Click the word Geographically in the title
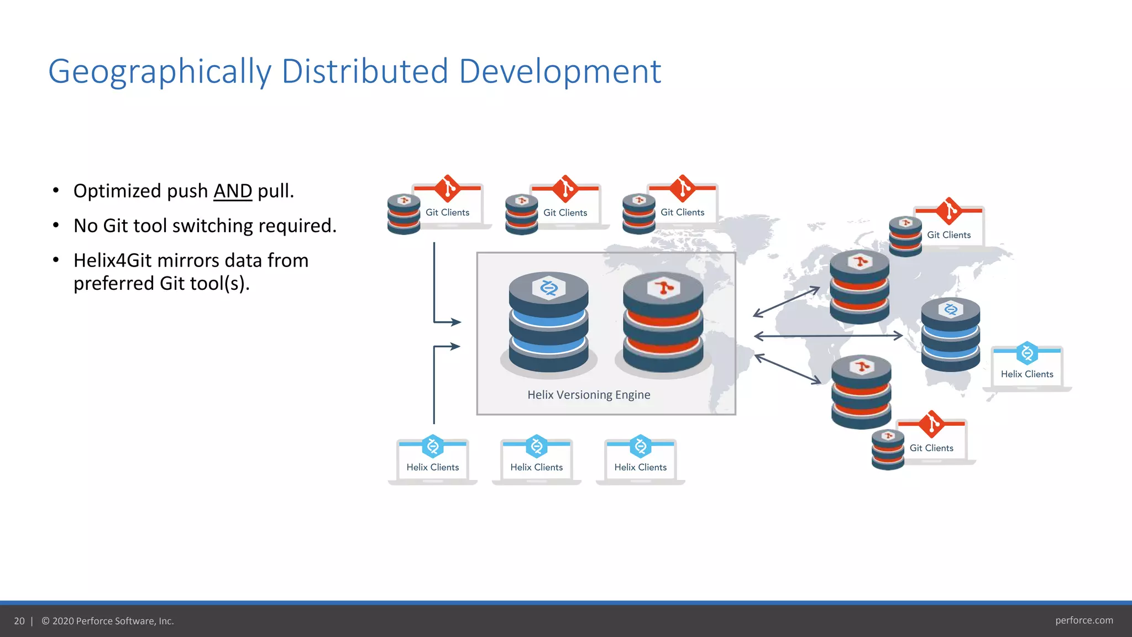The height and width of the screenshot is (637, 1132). [x=160, y=72]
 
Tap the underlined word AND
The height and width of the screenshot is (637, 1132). [x=233, y=191]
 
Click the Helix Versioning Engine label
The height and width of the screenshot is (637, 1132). [x=589, y=395]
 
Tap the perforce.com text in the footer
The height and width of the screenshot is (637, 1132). [x=1084, y=620]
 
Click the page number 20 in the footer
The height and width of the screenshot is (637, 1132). [x=19, y=621]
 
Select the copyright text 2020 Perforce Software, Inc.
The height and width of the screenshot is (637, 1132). [x=113, y=621]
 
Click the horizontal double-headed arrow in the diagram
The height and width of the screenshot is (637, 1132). [x=827, y=336]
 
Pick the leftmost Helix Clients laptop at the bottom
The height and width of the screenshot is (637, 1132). [x=433, y=461]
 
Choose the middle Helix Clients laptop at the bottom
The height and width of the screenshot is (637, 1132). [x=537, y=461]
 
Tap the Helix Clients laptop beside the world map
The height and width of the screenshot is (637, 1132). [x=1027, y=368]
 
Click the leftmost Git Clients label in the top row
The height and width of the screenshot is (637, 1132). [x=447, y=212]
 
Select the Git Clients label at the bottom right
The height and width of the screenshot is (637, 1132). [x=931, y=448]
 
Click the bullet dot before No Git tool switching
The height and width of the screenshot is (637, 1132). [x=56, y=226]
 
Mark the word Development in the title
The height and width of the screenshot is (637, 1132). [x=559, y=72]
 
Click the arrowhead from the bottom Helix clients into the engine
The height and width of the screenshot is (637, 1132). [x=455, y=347]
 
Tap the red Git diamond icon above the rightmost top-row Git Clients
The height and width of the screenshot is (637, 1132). [x=683, y=189]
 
